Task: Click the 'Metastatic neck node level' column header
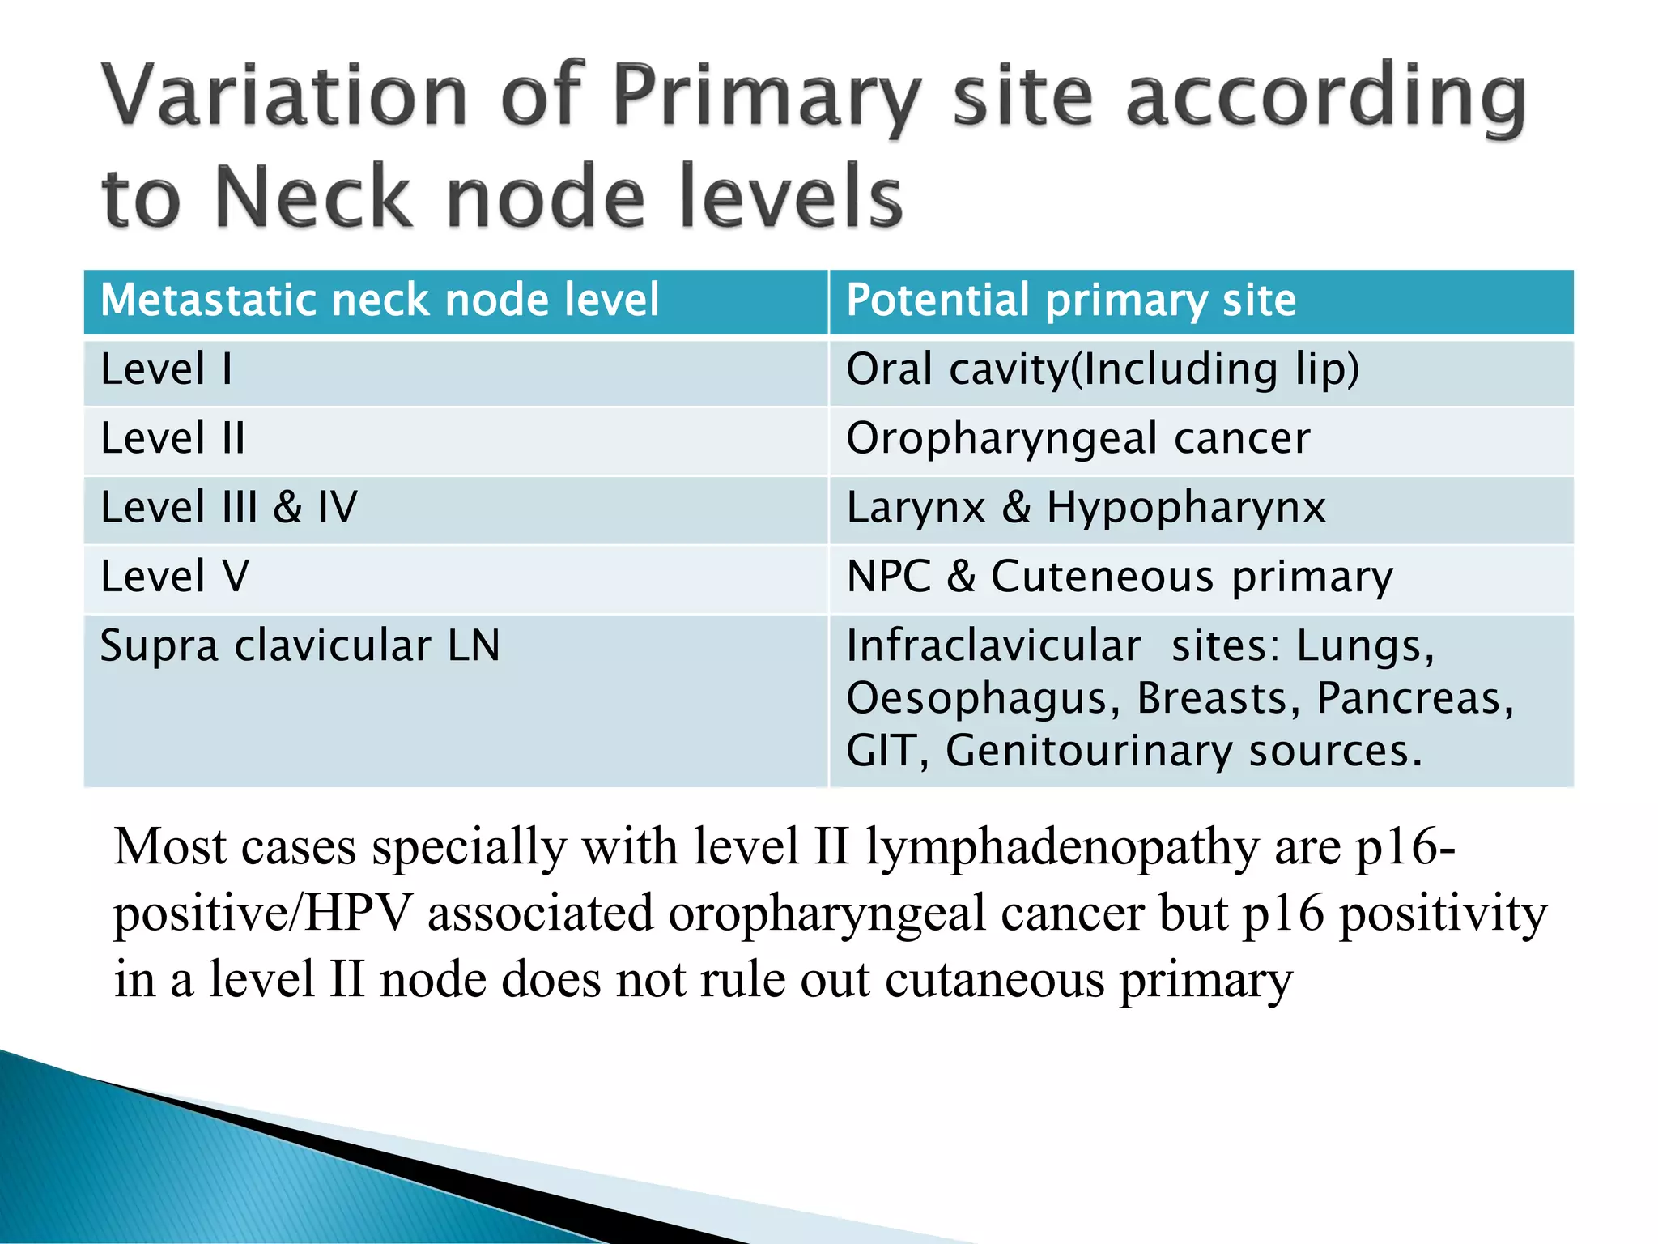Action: tap(380, 300)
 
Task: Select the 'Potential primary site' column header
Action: tap(1070, 300)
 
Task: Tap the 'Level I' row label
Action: tap(166, 370)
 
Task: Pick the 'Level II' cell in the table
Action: tap(172, 439)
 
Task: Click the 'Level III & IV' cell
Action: tap(228, 509)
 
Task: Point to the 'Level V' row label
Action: tap(175, 577)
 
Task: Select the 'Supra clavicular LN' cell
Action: tap(300, 646)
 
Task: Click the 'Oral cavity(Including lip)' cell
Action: tap(1102, 370)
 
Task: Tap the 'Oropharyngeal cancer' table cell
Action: tap(1078, 439)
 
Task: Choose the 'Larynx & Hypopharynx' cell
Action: tap(1086, 509)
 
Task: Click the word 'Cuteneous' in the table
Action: tap(1102, 577)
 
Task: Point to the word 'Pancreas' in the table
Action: tap(1414, 699)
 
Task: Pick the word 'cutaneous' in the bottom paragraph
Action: tap(994, 980)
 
